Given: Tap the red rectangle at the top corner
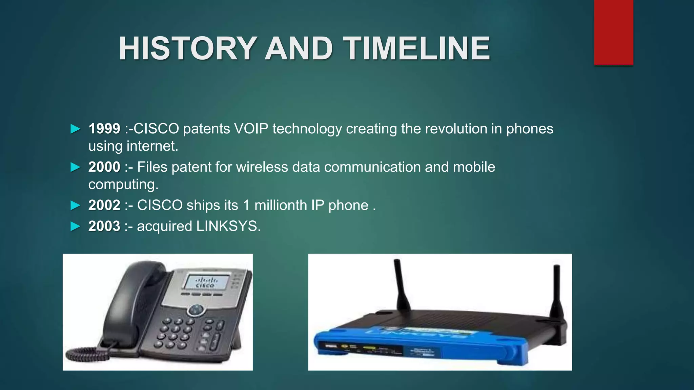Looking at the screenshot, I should coord(613,32).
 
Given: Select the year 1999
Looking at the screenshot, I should coord(104,129).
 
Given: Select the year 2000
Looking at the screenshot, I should coord(104,167).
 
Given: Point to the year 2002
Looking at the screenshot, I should coord(104,205).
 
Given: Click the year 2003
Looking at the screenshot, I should coord(104,226).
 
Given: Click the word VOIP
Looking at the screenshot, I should coord(251,129).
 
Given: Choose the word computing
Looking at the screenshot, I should coord(123,185).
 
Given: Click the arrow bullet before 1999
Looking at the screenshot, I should coord(75,129).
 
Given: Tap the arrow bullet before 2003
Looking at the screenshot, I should coord(75,226).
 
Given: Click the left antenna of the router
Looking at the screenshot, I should coord(402,284).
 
